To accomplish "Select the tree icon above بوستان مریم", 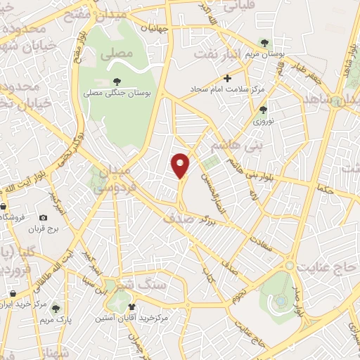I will tap(264, 42).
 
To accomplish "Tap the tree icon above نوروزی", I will tap(263, 109).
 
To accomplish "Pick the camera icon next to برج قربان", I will tap(44, 219).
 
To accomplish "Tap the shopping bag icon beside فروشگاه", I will tap(4, 206).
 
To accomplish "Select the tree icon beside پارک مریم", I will tap(56, 308).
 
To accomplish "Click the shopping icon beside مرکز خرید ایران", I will tap(13, 293).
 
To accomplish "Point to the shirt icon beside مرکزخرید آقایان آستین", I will tap(131, 307).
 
